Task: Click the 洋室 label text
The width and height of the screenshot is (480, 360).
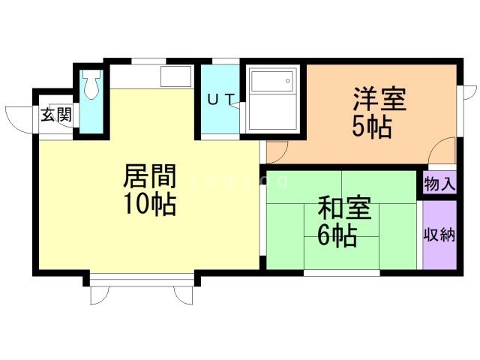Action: click(x=379, y=100)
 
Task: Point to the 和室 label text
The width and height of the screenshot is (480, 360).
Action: click(x=344, y=208)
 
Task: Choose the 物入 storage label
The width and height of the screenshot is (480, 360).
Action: click(x=439, y=184)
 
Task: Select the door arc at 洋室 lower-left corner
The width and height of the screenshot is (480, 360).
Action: click(x=276, y=151)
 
